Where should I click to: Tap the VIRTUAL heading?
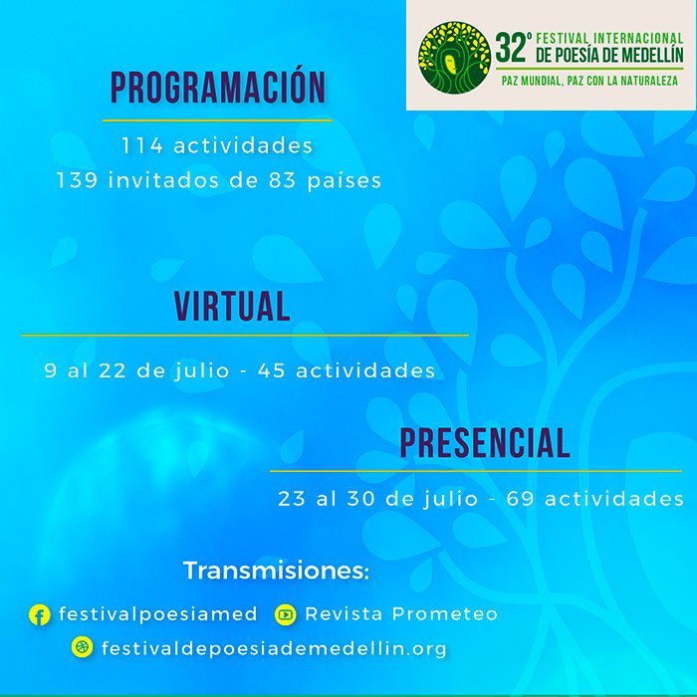pyautogui.click(x=232, y=307)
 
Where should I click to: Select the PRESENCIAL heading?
pyautogui.click(x=485, y=443)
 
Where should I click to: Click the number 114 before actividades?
pyautogui.click(x=142, y=145)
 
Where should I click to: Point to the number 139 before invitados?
pyautogui.click(x=77, y=180)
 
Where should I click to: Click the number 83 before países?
pyautogui.click(x=282, y=180)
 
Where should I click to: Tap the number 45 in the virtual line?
pyautogui.click(x=271, y=370)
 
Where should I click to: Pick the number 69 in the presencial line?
pyautogui.click(x=520, y=499)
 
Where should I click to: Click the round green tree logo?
pyautogui.click(x=454, y=58)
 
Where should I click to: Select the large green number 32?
pyautogui.click(x=511, y=48)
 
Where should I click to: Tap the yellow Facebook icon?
pyautogui.click(x=39, y=614)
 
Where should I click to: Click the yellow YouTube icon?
pyautogui.click(x=285, y=614)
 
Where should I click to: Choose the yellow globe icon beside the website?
pyautogui.click(x=83, y=647)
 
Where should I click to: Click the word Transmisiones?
pyautogui.click(x=276, y=571)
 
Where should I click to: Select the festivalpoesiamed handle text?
pyautogui.click(x=157, y=614)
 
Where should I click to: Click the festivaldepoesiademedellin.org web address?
pyautogui.click(x=274, y=648)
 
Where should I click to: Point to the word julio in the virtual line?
pyautogui.click(x=202, y=371)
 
